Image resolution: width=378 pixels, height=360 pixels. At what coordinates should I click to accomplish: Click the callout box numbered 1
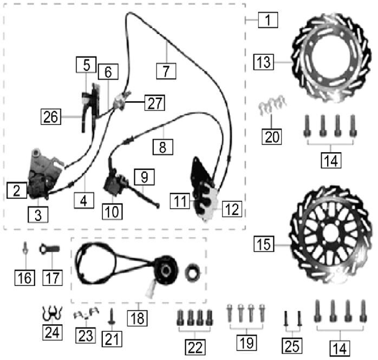pos(268,19)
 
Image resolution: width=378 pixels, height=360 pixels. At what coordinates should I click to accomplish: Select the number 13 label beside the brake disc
pos(264,62)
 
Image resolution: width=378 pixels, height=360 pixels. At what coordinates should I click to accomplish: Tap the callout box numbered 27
pos(154,103)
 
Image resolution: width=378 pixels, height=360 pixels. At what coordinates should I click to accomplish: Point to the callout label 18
pos(138,318)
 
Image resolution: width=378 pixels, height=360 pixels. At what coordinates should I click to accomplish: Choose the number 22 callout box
pos(195,347)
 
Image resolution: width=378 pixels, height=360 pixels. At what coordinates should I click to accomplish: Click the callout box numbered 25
pos(292,346)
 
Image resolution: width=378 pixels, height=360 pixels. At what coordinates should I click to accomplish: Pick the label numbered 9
pos(144,177)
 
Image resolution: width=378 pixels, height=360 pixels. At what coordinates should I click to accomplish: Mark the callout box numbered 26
pos(50,116)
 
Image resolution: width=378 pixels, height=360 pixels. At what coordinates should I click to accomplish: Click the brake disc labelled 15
pos(330,235)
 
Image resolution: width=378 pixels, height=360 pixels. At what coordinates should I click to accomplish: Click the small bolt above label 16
pos(25,248)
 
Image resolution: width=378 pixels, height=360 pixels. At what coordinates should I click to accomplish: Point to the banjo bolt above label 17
pos(49,249)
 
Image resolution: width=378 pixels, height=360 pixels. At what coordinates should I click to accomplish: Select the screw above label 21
pos(112,316)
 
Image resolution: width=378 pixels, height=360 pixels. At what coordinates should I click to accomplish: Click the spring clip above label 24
pos(52,313)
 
